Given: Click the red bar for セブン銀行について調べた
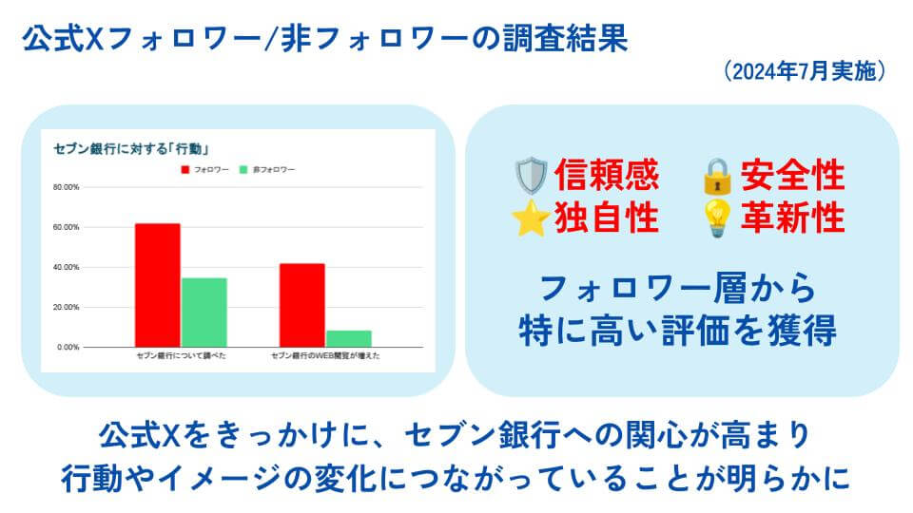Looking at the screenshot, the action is point(158,285).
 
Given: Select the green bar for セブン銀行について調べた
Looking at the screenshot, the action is point(204,313).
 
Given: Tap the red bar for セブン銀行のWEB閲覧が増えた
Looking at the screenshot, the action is point(302,305).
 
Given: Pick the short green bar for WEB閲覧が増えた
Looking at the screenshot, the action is point(349,338).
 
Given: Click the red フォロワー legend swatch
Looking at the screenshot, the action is point(185,170).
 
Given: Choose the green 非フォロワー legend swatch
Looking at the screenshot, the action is point(243,170).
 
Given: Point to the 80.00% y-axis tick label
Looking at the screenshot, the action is point(66,187).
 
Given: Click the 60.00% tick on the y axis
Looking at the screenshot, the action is point(66,227).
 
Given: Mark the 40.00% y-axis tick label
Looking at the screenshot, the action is point(66,267).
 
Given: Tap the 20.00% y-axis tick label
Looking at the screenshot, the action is point(66,307).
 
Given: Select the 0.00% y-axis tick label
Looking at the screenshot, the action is point(68,348).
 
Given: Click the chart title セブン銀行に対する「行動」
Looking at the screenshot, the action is point(131,149).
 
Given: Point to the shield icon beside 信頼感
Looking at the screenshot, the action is point(531,176).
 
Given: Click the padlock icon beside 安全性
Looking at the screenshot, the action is point(717,176).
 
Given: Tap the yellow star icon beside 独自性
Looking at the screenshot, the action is point(531,218).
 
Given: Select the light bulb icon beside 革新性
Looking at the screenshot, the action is point(717,218).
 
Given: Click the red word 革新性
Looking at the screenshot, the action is point(792,218).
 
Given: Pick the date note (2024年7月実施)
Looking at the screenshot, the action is point(806,71).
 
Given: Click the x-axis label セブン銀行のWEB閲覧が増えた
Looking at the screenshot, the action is point(325,355).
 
